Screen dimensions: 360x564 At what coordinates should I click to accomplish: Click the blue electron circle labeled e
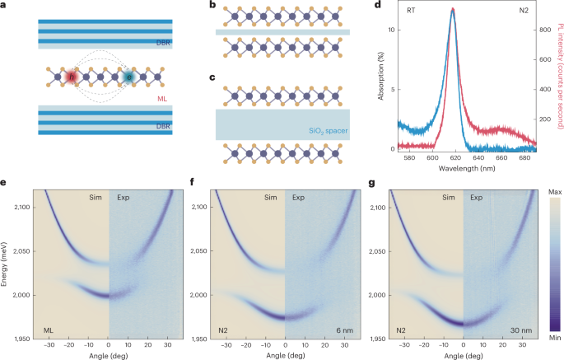pyautogui.click(x=129, y=77)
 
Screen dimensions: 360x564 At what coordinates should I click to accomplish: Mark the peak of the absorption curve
pyautogui.click(x=452, y=10)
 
